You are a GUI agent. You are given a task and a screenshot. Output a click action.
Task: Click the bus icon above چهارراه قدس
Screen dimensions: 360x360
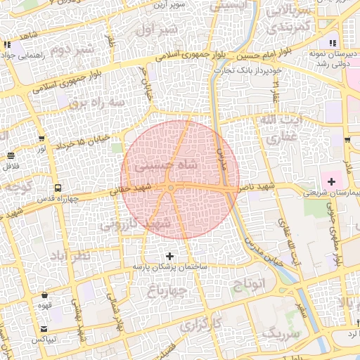(58, 188)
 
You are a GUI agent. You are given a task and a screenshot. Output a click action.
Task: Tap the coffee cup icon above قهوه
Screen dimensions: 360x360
(46, 295)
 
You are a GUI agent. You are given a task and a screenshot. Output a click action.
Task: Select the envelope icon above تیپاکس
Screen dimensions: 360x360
(46, 329)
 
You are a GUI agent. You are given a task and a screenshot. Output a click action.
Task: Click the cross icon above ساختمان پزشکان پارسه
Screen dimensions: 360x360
(169, 257)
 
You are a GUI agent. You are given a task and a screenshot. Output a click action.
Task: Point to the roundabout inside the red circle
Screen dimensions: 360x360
(171, 188)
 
